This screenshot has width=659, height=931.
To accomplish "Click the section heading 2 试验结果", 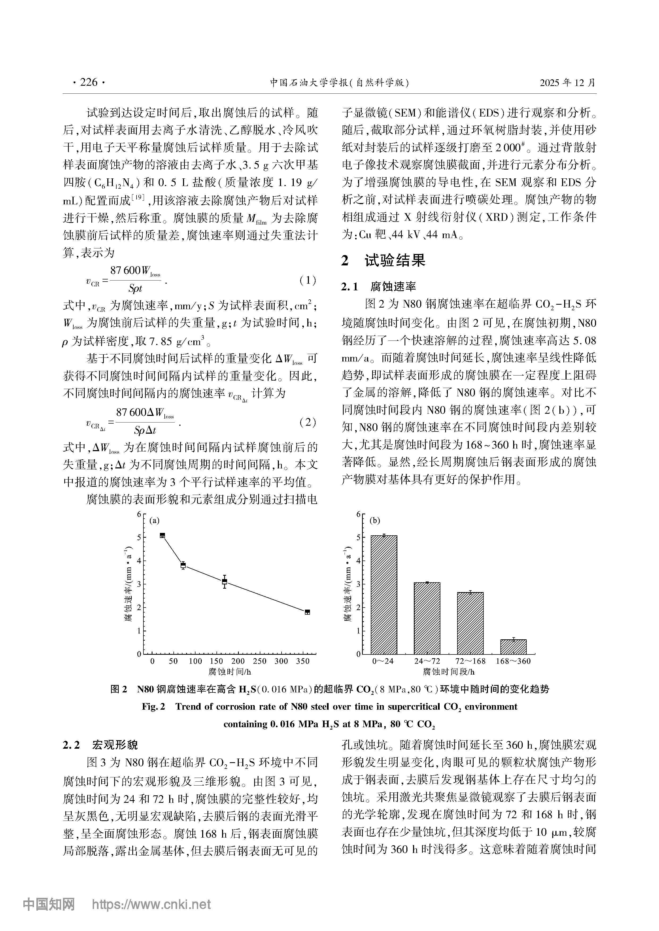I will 384,260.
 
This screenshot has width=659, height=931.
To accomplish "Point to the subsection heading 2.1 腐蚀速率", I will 379,287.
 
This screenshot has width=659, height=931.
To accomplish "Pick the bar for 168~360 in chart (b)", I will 513,647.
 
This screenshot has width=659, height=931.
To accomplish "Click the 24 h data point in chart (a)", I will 162,536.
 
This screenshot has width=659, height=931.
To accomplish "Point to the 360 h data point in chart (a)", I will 307,612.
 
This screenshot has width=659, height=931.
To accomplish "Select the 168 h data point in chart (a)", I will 224,581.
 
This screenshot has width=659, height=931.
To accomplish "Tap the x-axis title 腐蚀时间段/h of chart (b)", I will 448,672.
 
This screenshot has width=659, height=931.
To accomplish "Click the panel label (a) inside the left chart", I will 154,521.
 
